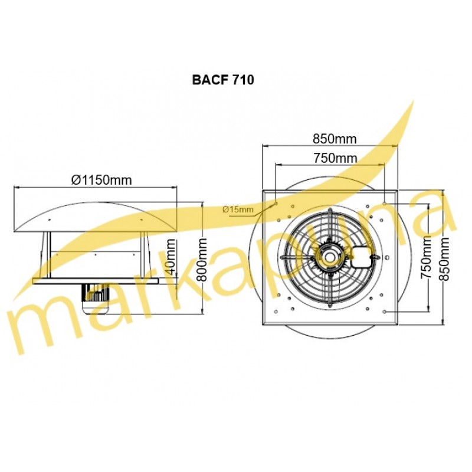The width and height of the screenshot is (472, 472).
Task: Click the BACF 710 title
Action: coord(223,80)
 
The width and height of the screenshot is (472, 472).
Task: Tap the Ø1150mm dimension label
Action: coord(101,180)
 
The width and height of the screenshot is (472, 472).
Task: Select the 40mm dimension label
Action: coord(170,257)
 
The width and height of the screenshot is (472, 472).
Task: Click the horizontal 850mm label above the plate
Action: coord(335,139)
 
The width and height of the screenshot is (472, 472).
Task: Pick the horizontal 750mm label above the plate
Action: coord(335,158)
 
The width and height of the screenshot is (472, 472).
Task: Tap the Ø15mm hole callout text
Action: coord(238,209)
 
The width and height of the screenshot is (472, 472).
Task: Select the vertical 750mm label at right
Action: coord(426,257)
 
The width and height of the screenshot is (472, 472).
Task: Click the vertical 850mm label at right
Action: coord(445,259)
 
